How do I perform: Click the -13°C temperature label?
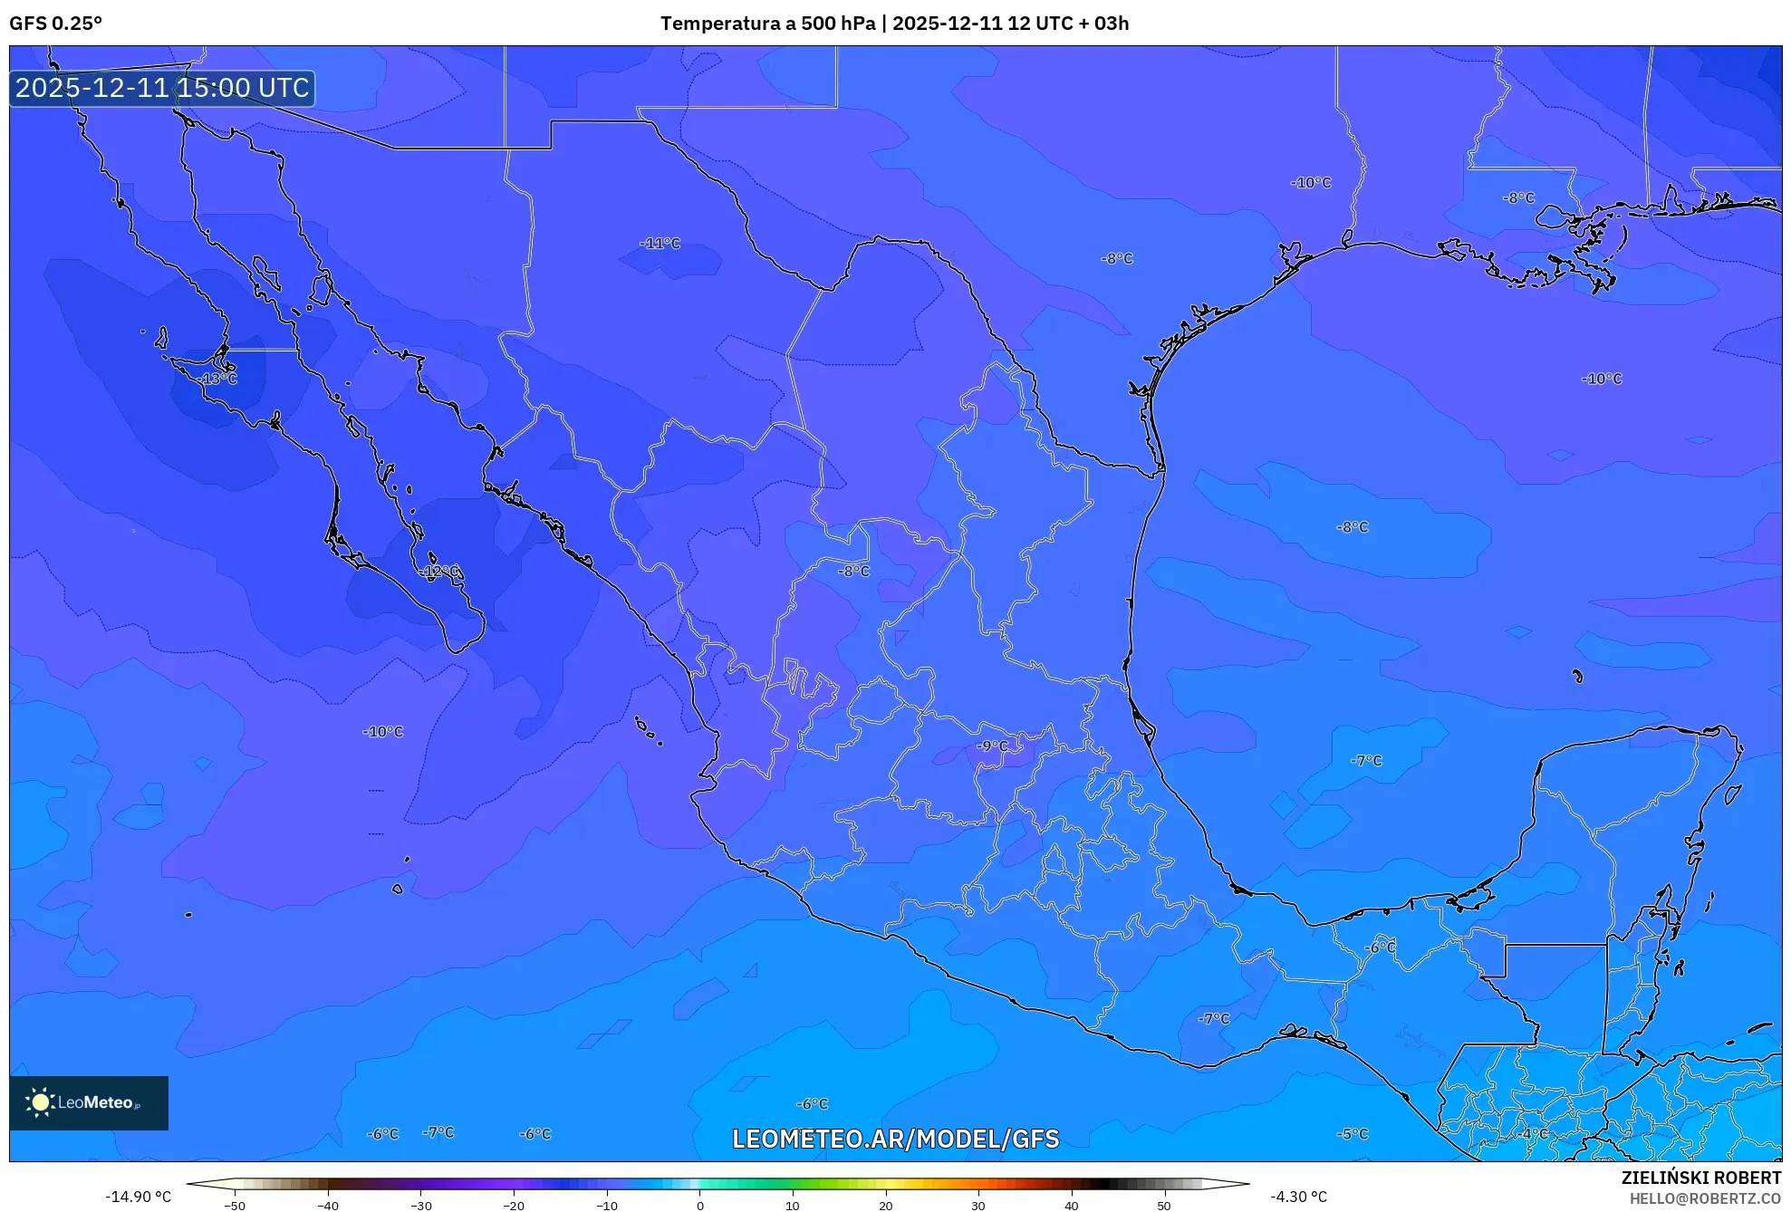pyautogui.click(x=219, y=379)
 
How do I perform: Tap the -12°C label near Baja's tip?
pyautogui.click(x=441, y=572)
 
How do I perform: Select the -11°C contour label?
pyautogui.click(x=660, y=244)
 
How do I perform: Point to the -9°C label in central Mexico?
pyautogui.click(x=992, y=746)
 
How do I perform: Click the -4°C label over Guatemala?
pyautogui.click(x=1535, y=1134)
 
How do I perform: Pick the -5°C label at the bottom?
pyautogui.click(x=1353, y=1134)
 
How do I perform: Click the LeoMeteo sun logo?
pyautogui.click(x=40, y=1102)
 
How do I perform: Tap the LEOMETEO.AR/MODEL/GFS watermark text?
pyautogui.click(x=895, y=1139)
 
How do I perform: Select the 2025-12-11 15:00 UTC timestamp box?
pyautogui.click(x=163, y=88)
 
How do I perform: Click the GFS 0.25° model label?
pyautogui.click(x=56, y=24)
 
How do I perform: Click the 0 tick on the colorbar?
pyautogui.click(x=700, y=1205)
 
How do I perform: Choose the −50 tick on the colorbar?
pyautogui.click(x=235, y=1205)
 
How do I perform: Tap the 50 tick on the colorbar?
pyautogui.click(x=1164, y=1205)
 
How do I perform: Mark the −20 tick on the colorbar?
pyautogui.click(x=514, y=1205)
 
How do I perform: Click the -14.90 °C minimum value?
pyautogui.click(x=138, y=1197)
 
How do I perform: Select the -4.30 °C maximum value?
pyautogui.click(x=1298, y=1197)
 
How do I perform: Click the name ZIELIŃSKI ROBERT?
pyautogui.click(x=1701, y=1178)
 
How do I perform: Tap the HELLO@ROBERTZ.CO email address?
pyautogui.click(x=1705, y=1198)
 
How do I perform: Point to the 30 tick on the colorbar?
pyautogui.click(x=978, y=1205)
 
